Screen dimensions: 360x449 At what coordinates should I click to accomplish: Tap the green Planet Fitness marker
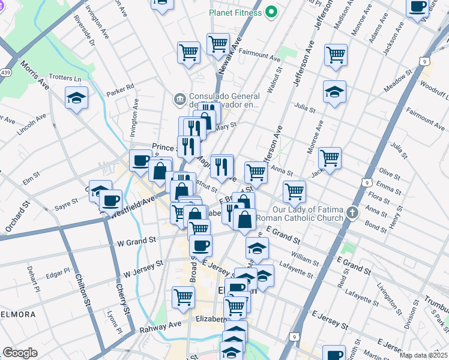(x=271, y=11)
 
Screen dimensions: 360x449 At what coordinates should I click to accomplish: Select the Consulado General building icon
(x=179, y=98)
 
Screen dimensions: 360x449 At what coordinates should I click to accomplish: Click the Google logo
(x=20, y=353)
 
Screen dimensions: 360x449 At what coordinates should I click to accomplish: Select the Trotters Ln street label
(x=65, y=79)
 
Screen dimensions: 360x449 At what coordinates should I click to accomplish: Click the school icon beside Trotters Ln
(x=77, y=98)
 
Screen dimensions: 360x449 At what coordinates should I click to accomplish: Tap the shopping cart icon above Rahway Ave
(x=183, y=297)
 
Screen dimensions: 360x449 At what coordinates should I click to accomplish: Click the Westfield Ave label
(x=134, y=205)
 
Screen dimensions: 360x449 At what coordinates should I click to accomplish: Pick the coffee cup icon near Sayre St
(x=110, y=200)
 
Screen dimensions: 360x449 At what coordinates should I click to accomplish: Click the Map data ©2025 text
(x=423, y=355)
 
